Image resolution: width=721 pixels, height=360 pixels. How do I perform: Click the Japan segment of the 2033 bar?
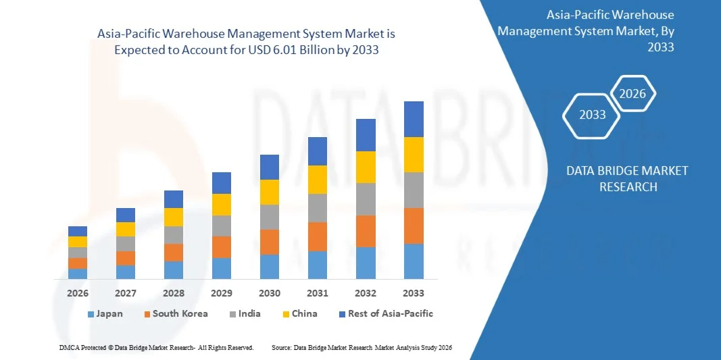[414, 261]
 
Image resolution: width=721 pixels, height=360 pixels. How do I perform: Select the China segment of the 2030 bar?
[270, 192]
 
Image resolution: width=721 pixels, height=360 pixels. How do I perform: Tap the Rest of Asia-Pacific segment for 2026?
[78, 231]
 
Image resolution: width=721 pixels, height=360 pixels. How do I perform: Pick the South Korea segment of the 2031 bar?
[318, 237]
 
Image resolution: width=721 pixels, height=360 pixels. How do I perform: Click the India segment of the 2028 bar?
[174, 235]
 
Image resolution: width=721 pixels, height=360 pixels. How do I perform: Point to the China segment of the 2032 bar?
[366, 168]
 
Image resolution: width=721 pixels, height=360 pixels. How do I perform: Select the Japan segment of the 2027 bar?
[126, 272]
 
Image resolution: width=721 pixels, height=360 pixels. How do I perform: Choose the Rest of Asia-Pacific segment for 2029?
[222, 183]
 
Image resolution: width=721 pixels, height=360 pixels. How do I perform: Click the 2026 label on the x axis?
[78, 293]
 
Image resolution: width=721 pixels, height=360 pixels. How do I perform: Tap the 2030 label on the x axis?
[270, 293]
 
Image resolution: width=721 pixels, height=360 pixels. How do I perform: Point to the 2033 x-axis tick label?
[414, 293]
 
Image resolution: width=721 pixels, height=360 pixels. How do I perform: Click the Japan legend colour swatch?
[91, 314]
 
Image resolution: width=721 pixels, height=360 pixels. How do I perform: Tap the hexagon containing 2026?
[632, 94]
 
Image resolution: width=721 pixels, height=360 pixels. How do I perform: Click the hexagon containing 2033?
[593, 115]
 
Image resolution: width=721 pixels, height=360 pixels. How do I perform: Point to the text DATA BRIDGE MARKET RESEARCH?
[628, 179]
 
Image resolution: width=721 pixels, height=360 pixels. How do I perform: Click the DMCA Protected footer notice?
[156, 347]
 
